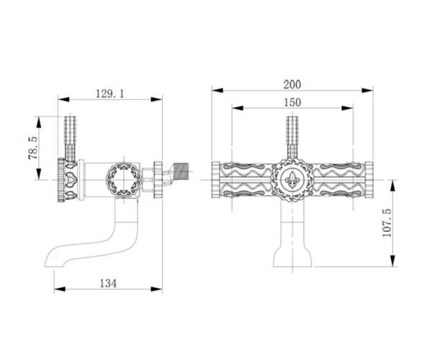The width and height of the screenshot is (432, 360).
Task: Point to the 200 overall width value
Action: click(x=292, y=83)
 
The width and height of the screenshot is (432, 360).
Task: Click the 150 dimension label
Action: click(x=292, y=103)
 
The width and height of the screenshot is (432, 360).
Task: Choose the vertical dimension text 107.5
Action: click(x=386, y=224)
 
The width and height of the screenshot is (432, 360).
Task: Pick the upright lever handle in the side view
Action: click(x=71, y=137)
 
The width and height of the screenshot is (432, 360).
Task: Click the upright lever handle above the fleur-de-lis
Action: click(x=292, y=137)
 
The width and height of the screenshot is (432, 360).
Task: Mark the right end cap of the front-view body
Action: click(x=369, y=183)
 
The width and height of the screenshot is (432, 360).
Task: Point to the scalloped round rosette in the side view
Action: click(x=120, y=179)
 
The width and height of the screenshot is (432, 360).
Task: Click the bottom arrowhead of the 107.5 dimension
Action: click(x=394, y=265)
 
